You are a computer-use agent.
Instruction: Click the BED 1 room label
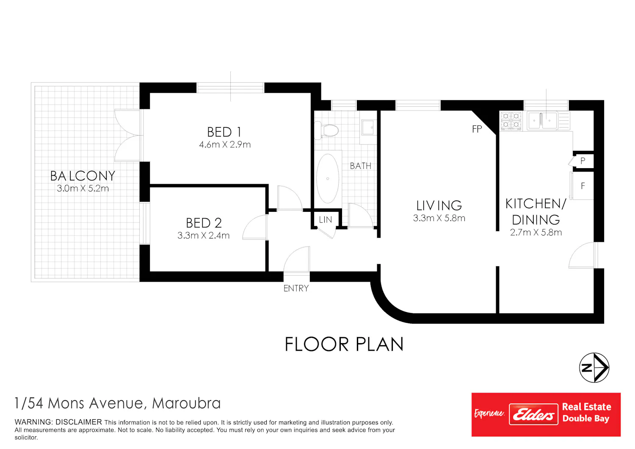224,132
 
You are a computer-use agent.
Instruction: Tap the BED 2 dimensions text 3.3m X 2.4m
203,236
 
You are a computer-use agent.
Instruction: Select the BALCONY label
83,176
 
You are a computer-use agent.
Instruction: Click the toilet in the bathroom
326,131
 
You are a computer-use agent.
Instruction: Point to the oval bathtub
327,178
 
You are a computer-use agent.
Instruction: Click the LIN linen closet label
325,219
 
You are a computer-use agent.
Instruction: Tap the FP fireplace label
477,129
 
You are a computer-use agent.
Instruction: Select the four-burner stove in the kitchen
511,121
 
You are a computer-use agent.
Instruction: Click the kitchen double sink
542,121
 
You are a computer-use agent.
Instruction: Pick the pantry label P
583,161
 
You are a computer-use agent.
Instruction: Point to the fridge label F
583,186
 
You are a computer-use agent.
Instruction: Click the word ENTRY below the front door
296,288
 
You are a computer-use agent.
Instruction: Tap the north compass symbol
594,368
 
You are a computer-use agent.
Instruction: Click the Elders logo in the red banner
533,414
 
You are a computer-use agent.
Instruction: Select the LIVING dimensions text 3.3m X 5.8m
439,218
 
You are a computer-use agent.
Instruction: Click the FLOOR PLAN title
344,344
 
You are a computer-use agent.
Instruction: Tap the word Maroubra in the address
186,403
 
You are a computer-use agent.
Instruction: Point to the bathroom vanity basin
368,127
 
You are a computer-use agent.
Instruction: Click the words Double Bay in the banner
585,419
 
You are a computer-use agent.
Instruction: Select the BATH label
360,166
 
